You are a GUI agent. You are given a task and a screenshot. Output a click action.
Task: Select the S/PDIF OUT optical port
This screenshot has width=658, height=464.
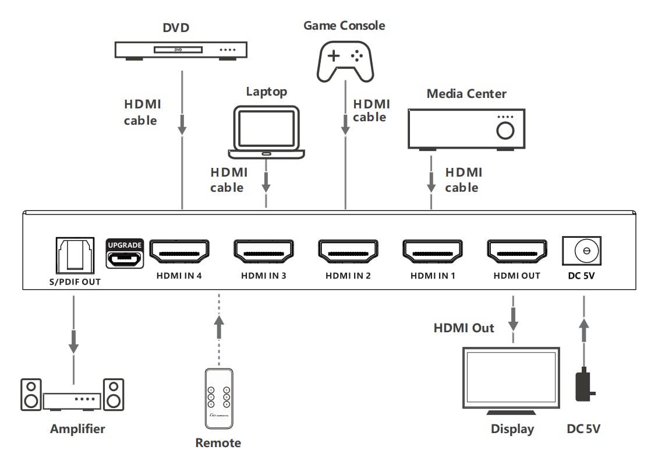(x=74, y=255)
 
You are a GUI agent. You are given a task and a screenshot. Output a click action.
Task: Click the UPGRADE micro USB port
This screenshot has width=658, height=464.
(x=125, y=258)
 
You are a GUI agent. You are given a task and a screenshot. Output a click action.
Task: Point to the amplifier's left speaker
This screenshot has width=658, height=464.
(x=31, y=395)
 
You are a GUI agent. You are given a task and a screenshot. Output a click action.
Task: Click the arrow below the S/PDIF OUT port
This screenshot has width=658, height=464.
(x=73, y=342)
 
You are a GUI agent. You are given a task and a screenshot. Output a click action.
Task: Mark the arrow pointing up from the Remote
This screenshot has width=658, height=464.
(x=218, y=329)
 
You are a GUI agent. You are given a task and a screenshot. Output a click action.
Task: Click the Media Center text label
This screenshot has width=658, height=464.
(x=466, y=93)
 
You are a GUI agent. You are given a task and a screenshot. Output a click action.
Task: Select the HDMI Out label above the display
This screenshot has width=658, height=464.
(x=464, y=328)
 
